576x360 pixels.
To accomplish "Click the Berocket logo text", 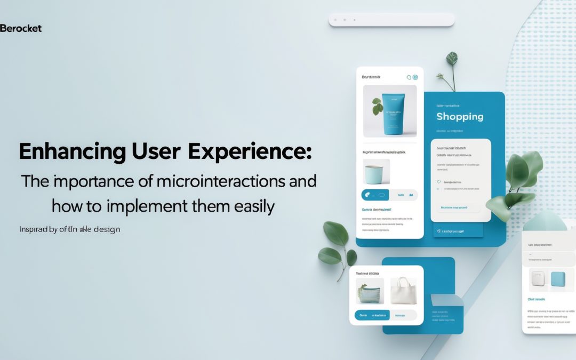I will click(21, 28).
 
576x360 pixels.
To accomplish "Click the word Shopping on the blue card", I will click(460, 116).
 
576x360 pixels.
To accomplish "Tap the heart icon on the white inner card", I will click(439, 182).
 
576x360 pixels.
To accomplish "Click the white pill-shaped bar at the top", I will click(391, 20).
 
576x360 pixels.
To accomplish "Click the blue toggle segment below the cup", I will click(375, 195).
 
